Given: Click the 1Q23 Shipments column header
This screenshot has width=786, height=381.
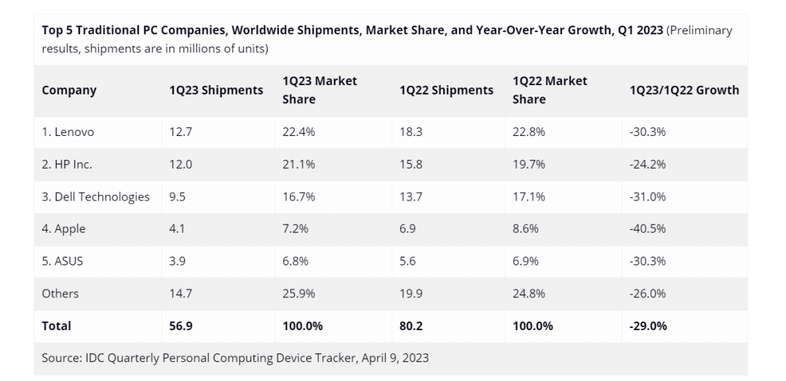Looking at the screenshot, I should point(216,90).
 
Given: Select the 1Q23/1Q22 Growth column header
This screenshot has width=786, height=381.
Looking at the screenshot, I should point(684,90).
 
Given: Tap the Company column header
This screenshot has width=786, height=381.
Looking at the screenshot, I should point(69,90).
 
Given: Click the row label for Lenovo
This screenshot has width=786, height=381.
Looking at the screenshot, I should point(68,132).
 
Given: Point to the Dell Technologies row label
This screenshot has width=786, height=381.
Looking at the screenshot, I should point(95,196).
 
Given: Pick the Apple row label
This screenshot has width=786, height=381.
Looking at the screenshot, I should point(63,228).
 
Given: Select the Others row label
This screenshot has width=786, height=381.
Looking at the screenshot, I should point(60,294).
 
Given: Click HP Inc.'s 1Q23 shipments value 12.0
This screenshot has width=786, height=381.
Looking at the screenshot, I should point(180,164).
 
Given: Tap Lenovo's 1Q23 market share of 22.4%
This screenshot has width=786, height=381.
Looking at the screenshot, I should point(299,132).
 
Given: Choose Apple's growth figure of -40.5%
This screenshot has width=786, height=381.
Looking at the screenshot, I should point(648,228).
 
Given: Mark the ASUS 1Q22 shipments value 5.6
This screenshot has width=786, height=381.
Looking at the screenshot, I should point(408,261).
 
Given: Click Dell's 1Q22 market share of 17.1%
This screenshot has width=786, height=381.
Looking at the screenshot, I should point(529,196).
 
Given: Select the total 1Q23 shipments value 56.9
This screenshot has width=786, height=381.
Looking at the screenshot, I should point(180,326).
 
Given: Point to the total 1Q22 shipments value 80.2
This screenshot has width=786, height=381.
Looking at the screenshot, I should point(411,326).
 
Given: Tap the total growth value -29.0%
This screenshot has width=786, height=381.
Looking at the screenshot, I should point(648,326).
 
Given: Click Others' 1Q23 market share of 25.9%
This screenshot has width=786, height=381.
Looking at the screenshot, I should point(299,294).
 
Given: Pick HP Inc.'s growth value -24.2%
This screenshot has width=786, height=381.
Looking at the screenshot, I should point(648,164).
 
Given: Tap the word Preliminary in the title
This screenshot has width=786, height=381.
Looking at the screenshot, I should point(699,31).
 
